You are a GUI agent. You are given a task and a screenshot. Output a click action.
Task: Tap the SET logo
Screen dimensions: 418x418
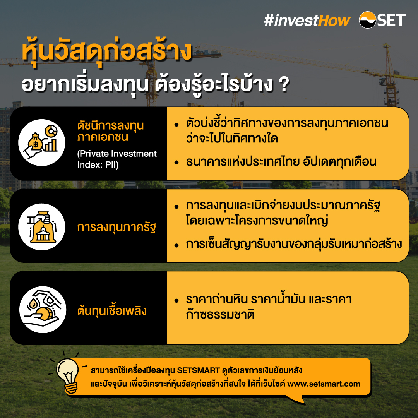[382, 20]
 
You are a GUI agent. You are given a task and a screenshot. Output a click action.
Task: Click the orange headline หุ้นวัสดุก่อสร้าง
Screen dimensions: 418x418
[107, 53]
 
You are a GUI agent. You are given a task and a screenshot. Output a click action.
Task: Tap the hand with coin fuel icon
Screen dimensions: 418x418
[42, 308]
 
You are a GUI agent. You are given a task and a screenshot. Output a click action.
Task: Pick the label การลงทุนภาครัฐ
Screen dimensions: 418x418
[116, 227]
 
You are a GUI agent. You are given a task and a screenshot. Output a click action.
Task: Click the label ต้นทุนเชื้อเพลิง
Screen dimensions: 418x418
[112, 310]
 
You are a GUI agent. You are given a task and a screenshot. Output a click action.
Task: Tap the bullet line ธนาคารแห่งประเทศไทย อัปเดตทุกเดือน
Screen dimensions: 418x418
[281, 162]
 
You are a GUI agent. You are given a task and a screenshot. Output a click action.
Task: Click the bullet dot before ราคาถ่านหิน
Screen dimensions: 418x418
[176, 301]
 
